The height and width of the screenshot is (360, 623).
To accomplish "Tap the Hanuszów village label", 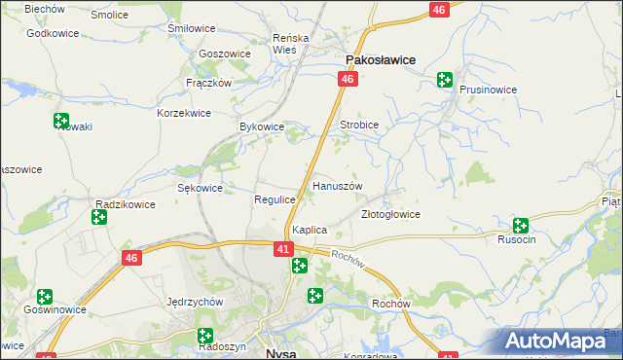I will click(x=337, y=185).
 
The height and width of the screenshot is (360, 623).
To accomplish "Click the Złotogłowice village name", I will click(x=390, y=214).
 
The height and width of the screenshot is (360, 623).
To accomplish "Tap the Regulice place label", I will click(x=275, y=198).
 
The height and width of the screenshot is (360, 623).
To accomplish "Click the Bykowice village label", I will click(x=261, y=126).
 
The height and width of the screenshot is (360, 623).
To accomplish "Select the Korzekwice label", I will click(x=184, y=113).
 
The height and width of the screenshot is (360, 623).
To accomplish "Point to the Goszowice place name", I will click(x=224, y=54).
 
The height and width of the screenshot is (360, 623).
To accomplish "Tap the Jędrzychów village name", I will click(x=196, y=302).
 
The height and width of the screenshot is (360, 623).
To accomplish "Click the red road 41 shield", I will click(x=281, y=250).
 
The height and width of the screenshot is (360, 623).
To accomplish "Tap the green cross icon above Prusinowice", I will click(x=445, y=80).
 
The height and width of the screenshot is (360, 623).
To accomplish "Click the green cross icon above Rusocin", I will click(x=521, y=225).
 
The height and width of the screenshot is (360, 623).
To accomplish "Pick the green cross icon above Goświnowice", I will click(x=45, y=296).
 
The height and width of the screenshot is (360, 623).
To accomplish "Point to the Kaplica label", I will click(x=309, y=230).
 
